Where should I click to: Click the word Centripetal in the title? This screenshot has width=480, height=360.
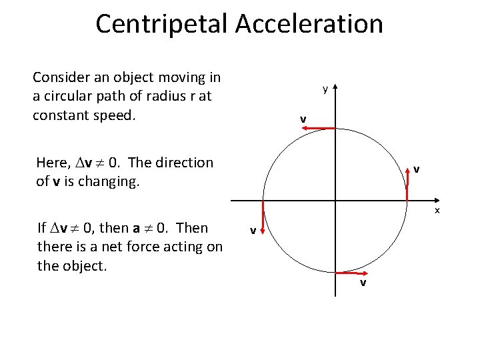point(162,24)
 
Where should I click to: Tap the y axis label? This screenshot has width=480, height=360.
point(325,89)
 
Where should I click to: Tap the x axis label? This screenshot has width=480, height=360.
point(437,210)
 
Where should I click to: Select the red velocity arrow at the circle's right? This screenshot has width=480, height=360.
point(408,184)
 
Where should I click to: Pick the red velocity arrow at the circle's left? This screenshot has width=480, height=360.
point(263,216)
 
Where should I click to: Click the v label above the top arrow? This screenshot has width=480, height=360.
point(303,119)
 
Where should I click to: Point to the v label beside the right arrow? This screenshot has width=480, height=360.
point(416,169)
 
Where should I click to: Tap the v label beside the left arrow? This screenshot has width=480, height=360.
point(253,231)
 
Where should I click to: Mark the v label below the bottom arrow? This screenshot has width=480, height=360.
point(363,283)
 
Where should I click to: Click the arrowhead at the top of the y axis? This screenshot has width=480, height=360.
point(335,87)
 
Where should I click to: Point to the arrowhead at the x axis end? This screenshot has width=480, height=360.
point(434,200)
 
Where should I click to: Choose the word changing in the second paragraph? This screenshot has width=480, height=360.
point(111,181)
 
